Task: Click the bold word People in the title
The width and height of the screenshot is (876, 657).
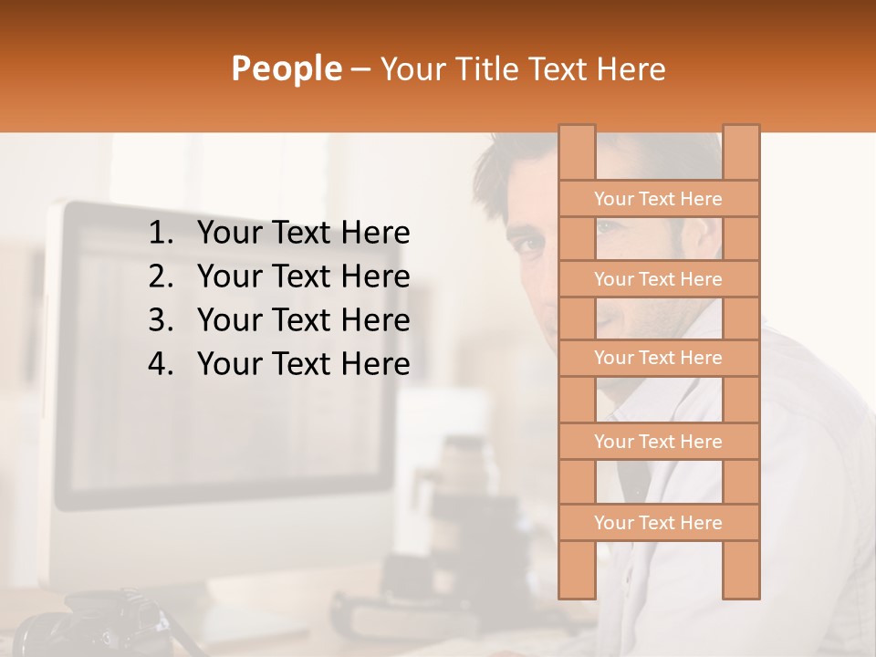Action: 286,68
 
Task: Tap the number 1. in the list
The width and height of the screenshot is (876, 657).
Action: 161,234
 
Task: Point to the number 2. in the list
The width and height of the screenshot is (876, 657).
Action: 161,276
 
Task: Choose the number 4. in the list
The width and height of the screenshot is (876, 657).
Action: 161,364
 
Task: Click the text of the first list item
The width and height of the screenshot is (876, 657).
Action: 303,234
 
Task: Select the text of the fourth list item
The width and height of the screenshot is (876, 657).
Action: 303,364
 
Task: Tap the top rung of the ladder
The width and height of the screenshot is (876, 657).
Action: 658,199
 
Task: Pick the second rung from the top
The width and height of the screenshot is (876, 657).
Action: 658,279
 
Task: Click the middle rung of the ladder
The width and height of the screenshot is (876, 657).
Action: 658,359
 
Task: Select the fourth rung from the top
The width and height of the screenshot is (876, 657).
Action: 658,442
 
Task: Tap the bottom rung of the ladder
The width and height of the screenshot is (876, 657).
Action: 658,523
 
